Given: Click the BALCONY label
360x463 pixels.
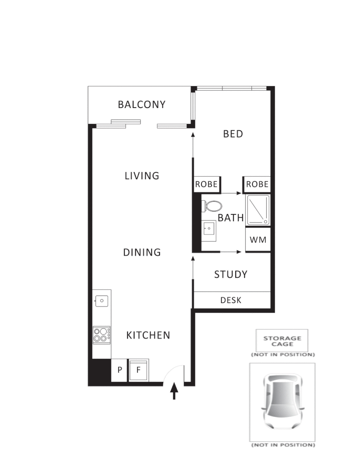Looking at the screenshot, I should click(141, 104).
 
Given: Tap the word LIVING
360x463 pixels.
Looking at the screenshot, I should click(142, 176).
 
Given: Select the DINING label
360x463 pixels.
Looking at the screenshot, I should click(142, 253).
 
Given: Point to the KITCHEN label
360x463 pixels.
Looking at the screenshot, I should click(148, 335).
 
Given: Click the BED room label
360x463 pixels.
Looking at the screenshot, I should click(233, 134).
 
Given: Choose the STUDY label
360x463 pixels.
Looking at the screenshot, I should click(231, 274).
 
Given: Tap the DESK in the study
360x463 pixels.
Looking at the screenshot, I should click(231, 300).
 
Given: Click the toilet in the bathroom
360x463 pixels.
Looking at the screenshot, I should click(212, 206).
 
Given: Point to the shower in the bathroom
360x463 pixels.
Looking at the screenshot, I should click(258, 210).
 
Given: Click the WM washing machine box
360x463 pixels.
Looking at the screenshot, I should click(258, 240).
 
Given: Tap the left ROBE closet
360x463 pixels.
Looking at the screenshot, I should click(207, 184).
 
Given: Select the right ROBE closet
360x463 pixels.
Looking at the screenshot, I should click(258, 184).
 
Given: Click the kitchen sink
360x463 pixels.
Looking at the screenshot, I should click(102, 301).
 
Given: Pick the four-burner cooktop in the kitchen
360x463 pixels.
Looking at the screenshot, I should click(102, 334).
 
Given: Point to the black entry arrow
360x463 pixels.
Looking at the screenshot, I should click(174, 391).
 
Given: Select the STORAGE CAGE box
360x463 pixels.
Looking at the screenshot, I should click(282, 341).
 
